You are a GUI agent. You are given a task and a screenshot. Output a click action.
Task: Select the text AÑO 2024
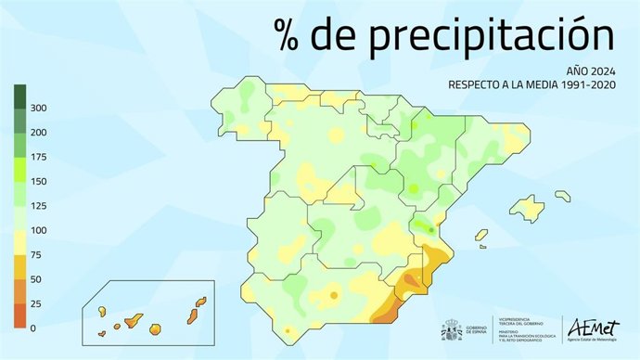point(590,70)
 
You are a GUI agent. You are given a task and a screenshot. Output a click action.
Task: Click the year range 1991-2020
point(582,84)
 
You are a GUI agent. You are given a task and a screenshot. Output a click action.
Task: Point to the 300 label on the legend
point(38,109)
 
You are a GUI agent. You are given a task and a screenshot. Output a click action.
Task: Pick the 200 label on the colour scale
point(38,133)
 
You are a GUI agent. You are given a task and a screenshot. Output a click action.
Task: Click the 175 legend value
point(38,157)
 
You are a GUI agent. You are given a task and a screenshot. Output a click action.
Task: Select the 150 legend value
point(38,182)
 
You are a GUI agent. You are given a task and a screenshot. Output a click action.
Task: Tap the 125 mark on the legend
point(38,206)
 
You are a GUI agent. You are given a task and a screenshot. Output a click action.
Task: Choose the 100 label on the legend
point(38,230)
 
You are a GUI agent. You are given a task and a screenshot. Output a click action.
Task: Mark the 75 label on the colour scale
point(35,254)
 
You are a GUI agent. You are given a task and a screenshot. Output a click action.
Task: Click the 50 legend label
point(35,279)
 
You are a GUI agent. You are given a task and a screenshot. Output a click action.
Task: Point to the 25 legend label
point(35,303)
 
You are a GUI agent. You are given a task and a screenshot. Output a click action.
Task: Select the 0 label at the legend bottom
point(32,328)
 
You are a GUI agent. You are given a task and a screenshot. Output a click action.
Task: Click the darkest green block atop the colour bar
point(19,96)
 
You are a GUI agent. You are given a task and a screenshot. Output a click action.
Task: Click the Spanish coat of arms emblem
point(451,330)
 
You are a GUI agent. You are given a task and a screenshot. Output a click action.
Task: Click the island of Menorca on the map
point(562,195)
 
